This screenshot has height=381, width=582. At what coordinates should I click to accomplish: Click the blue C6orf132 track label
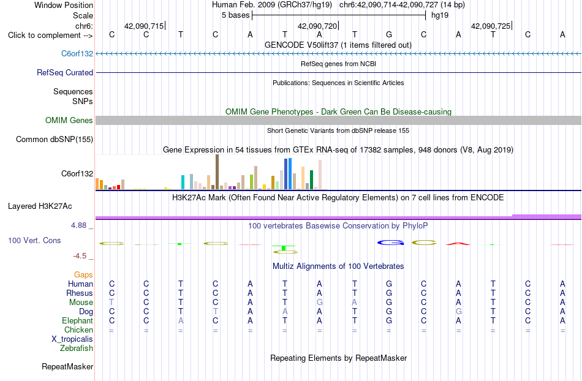pos(77,53)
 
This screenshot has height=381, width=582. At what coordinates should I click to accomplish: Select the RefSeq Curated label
pos(65,72)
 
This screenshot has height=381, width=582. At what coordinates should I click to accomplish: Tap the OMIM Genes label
pos(69,120)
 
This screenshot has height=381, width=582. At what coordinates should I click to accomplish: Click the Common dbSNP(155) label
pos(55,139)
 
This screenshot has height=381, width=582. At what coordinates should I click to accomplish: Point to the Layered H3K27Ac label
pos(40,206)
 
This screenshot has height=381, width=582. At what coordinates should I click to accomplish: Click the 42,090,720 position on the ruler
pos(317,26)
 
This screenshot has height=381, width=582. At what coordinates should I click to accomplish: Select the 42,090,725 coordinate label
pos(491,26)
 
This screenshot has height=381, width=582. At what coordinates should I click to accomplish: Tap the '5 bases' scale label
pos(236,15)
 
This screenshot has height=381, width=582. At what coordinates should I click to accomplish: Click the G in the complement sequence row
pos(389,34)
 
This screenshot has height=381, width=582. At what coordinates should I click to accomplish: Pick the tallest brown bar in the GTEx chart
pos(217,172)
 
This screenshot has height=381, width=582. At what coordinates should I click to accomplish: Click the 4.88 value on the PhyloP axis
pos(78,225)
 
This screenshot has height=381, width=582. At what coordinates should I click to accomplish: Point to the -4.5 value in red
pos(80,256)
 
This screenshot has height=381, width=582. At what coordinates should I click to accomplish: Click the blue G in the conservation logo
pos(390,243)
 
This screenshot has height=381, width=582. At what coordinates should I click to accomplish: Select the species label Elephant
pos(78,320)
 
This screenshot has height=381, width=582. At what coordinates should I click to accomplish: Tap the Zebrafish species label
pos(77,349)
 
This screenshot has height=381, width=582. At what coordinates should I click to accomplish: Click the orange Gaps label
pos(83,274)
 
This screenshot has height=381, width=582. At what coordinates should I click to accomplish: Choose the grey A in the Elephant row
pos(181,320)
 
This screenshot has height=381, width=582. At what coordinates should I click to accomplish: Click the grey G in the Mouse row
pos(320,303)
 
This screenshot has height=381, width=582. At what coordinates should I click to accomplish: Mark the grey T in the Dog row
pos(215,312)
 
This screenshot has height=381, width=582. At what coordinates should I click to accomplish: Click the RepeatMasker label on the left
pos(67,366)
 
